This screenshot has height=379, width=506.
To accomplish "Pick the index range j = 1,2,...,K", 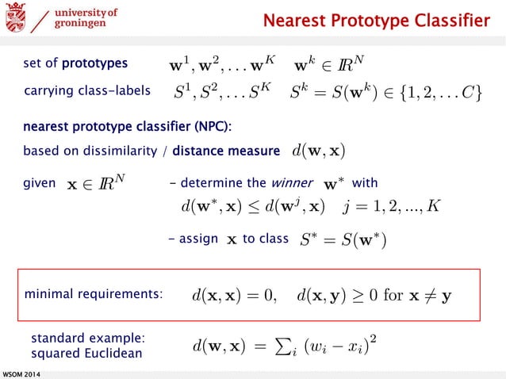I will coord(392,207).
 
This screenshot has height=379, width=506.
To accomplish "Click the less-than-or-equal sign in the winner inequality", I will coord(256,208).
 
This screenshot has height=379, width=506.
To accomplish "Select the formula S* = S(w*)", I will coord(343,239).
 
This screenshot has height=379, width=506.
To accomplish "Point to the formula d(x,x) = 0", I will coord(234,295).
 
